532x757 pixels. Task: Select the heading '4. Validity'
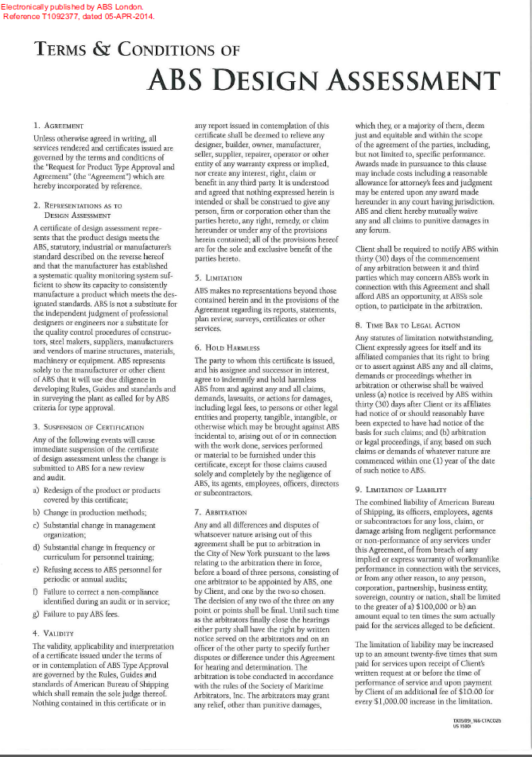(53, 633)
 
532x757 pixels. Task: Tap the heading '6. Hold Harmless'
(227, 347)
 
